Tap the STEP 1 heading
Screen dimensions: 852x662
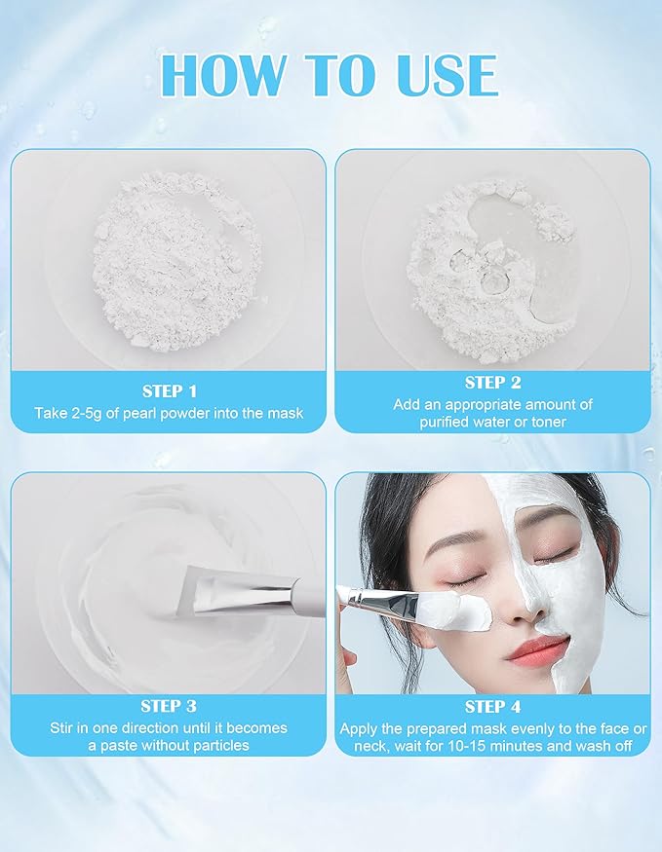169,390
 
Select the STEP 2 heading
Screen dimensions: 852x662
492,383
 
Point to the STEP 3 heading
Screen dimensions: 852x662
169,706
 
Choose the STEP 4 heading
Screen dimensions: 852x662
492,707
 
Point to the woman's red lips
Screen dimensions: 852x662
537,648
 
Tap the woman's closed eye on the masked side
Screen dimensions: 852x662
558,552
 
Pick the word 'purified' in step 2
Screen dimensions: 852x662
447,422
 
